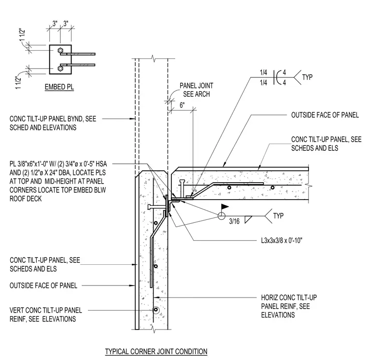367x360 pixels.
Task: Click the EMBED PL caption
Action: (x=59, y=87)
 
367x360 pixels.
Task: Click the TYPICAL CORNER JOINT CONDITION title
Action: (x=156, y=351)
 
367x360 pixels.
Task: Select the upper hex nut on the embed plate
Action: (x=60, y=50)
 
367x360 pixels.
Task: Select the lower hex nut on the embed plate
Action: (x=60, y=69)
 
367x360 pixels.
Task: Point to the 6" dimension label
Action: (x=183, y=105)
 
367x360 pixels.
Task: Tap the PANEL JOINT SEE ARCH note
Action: (x=197, y=90)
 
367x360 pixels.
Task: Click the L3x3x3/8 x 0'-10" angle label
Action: (x=282, y=241)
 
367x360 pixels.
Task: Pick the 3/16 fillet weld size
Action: (x=234, y=221)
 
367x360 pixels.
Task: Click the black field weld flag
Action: (x=225, y=207)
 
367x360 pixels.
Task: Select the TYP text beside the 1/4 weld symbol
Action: (x=307, y=77)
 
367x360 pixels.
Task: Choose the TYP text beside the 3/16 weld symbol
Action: (x=278, y=216)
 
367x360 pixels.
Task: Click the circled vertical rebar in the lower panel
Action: (x=155, y=310)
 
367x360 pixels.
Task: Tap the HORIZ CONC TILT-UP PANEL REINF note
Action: (x=289, y=306)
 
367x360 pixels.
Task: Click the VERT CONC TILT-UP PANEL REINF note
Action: (x=46, y=315)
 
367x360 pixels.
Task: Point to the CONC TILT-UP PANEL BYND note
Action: (x=53, y=123)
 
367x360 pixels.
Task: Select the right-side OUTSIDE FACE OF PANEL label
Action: (x=325, y=115)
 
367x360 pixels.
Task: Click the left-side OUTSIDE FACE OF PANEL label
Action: (x=43, y=286)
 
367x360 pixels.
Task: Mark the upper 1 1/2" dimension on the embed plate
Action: (x=23, y=35)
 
